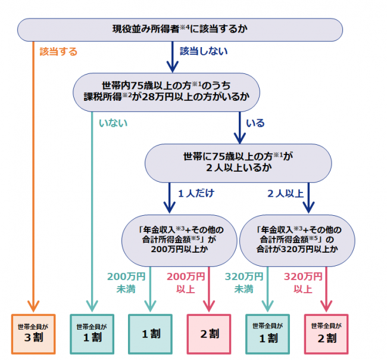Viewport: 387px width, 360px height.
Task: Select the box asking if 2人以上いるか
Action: click(238, 162)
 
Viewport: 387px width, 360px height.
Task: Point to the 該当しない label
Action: click(204, 51)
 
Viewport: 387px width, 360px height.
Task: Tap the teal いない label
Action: click(113, 123)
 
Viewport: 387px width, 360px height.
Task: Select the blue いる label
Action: click(255, 123)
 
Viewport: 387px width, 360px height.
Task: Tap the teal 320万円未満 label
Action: click(244, 283)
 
